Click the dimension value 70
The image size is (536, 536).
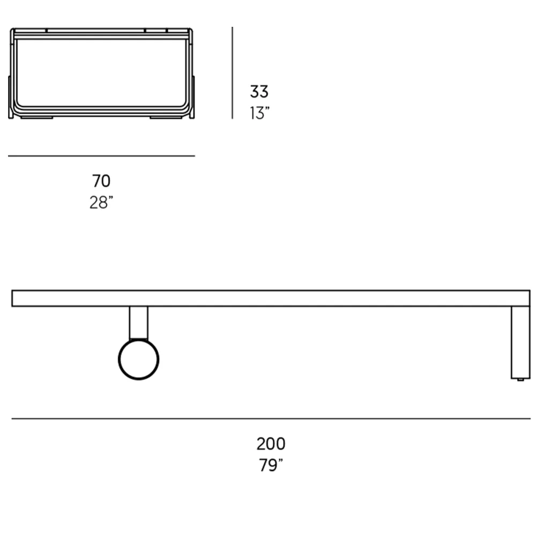pos(101,181)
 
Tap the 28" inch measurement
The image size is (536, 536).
pos(101,203)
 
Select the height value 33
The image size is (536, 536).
pos(259,91)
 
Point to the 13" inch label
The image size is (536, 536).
pos(259,113)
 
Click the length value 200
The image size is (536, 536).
pos(271,444)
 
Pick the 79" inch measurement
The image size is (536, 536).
pos(271,465)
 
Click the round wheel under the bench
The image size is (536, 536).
pos(138,359)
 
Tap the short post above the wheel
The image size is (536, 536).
pos(138,323)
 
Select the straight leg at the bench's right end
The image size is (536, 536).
pos(520,342)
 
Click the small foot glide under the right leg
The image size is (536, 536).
pos(520,379)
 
